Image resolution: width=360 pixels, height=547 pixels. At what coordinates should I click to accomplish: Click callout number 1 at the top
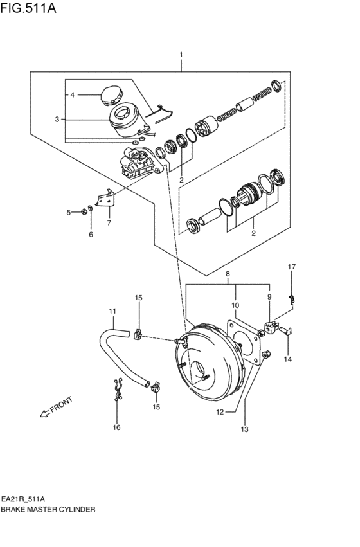pos(181,55)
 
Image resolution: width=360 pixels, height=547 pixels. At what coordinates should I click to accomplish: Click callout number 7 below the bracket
pos(109,223)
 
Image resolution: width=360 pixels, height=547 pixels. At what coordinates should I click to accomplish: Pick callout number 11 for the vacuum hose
pos(113,312)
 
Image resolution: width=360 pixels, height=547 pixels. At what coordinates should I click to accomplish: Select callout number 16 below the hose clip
pos(116,427)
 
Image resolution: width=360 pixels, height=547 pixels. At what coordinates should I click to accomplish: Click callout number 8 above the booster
pos(227,274)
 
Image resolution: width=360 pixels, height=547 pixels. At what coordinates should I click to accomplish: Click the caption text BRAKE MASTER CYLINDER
pos(48,508)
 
